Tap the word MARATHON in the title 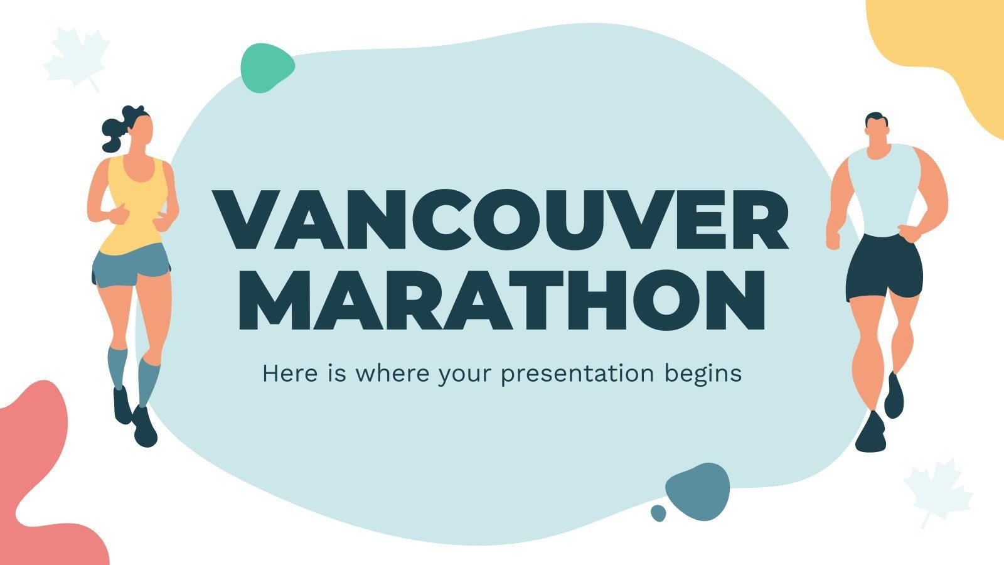pos(501,300)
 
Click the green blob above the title pos(267,68)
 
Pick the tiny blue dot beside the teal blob pos(658,513)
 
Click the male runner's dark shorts pos(884,267)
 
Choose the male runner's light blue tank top pos(884,188)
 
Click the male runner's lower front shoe pos(871,433)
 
